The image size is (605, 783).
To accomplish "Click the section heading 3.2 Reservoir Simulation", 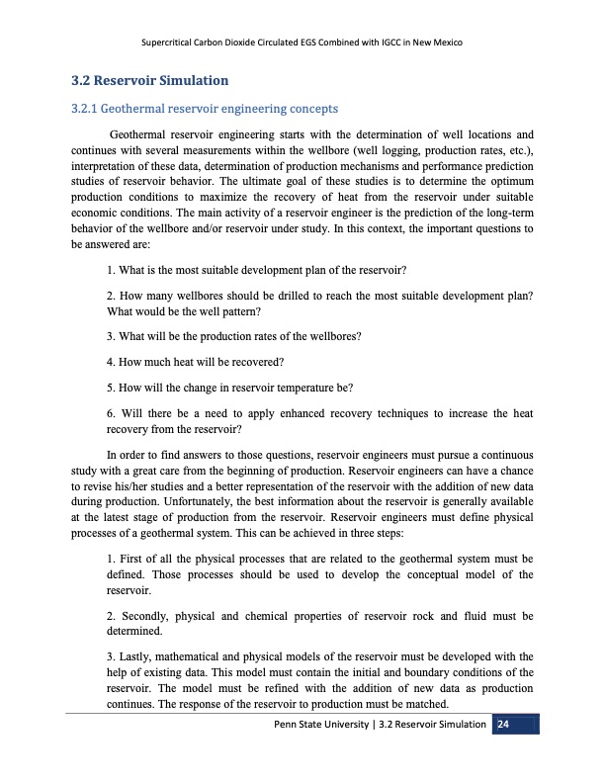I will (x=151, y=79).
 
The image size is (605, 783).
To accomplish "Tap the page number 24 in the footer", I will (x=503, y=725).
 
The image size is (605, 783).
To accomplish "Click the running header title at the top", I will (x=302, y=43).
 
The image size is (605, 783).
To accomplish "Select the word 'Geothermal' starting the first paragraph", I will (x=138, y=133).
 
